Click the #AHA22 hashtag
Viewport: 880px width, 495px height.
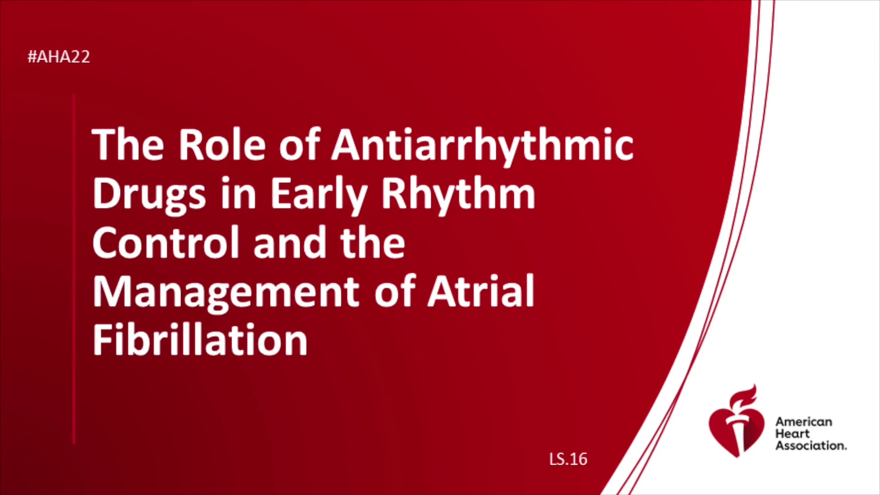59,57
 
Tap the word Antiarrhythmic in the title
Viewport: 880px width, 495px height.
483,146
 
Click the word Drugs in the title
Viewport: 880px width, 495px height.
149,195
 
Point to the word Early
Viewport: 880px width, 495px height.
319,195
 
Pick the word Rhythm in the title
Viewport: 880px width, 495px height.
458,194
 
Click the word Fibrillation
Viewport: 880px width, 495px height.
200,340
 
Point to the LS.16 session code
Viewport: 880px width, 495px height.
568,459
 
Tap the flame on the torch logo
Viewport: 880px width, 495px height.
743,396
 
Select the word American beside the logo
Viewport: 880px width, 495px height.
803,422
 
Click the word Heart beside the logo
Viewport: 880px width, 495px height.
792,434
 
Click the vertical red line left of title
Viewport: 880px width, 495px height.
74,269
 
